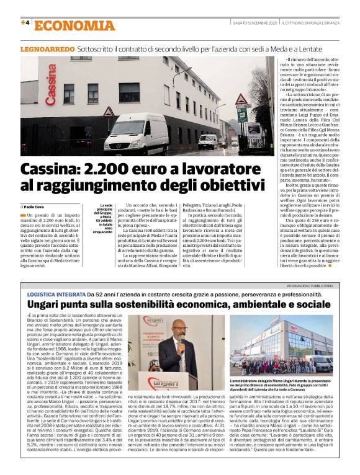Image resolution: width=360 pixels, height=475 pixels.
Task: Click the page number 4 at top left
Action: point(25,24)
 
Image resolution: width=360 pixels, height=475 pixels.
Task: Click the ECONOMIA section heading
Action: point(74,25)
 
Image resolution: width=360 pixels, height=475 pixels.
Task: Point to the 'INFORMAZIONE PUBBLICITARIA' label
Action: point(316,286)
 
